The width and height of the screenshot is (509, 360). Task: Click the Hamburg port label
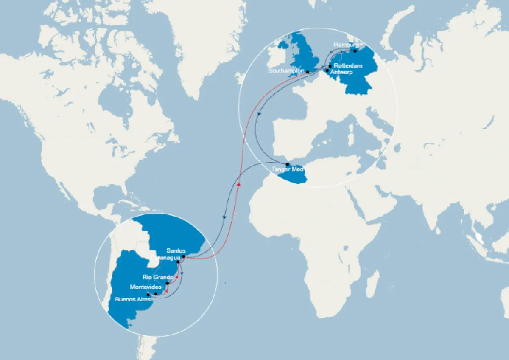(345, 45)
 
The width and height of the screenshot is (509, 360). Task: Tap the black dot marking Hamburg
(355, 51)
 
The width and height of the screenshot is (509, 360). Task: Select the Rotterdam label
(348, 66)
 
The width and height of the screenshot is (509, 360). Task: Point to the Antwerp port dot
(327, 71)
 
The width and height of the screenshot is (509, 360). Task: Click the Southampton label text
(287, 71)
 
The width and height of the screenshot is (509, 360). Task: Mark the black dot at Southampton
(308, 72)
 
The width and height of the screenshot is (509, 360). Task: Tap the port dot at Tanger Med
(287, 164)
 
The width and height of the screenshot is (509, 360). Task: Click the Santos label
(176, 250)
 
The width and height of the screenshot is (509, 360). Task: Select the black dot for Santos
(183, 256)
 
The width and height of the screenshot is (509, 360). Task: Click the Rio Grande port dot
(168, 283)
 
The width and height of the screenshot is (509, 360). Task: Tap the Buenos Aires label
(130, 299)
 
